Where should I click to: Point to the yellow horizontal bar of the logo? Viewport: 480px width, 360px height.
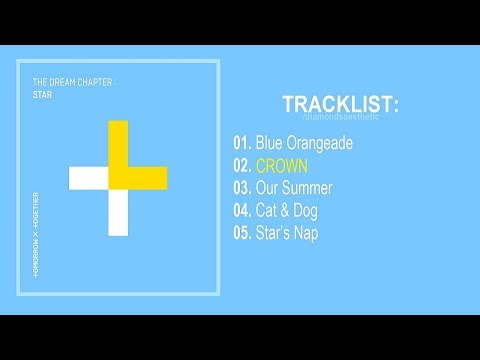[x=147, y=178]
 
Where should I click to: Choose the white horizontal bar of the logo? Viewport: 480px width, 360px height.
[x=88, y=178]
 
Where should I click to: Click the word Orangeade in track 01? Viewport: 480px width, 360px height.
[x=326, y=143]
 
